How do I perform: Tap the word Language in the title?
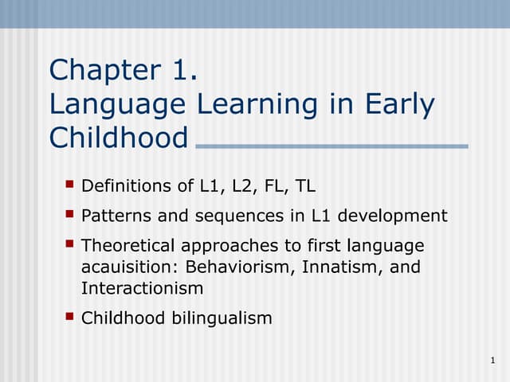click(x=121, y=104)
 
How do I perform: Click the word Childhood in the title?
click(x=119, y=138)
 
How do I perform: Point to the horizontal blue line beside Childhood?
click(x=331, y=146)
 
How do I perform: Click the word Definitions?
click(x=126, y=187)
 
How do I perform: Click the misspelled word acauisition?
click(x=129, y=267)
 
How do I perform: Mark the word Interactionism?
click(x=142, y=288)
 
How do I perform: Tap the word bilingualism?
click(x=222, y=318)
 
